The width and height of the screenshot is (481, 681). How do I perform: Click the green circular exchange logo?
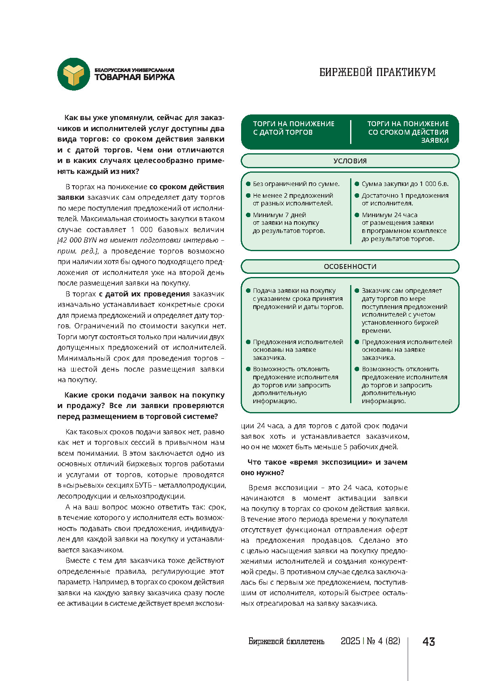click(x=73, y=74)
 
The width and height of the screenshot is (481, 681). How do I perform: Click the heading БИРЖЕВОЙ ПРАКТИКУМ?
click(x=377, y=72)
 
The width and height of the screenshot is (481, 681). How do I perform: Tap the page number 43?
click(x=428, y=642)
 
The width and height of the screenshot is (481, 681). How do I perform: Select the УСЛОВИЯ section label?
click(x=350, y=161)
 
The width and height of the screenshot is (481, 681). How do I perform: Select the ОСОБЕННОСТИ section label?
click(x=350, y=266)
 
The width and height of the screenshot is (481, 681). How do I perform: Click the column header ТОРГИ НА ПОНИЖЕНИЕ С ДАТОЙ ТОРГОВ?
click(x=294, y=128)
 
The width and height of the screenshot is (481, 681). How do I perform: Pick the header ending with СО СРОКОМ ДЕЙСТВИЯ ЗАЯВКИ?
click(x=407, y=132)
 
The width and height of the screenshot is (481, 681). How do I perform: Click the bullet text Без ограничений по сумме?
click(x=296, y=184)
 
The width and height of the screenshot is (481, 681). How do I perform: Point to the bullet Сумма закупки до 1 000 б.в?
click(x=405, y=184)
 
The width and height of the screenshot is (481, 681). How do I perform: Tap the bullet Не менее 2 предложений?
click(x=293, y=199)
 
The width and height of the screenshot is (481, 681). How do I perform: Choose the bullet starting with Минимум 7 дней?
click(x=288, y=223)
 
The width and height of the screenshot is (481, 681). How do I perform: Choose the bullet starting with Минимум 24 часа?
click(x=403, y=227)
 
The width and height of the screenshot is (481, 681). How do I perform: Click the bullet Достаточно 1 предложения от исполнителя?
click(x=405, y=199)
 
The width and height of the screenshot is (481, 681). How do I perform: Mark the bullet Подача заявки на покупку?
click(x=298, y=298)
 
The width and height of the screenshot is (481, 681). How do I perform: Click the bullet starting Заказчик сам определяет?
click(x=404, y=310)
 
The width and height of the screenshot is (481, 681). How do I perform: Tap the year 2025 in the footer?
click(x=350, y=641)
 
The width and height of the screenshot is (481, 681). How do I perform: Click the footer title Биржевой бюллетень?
click(x=286, y=641)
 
